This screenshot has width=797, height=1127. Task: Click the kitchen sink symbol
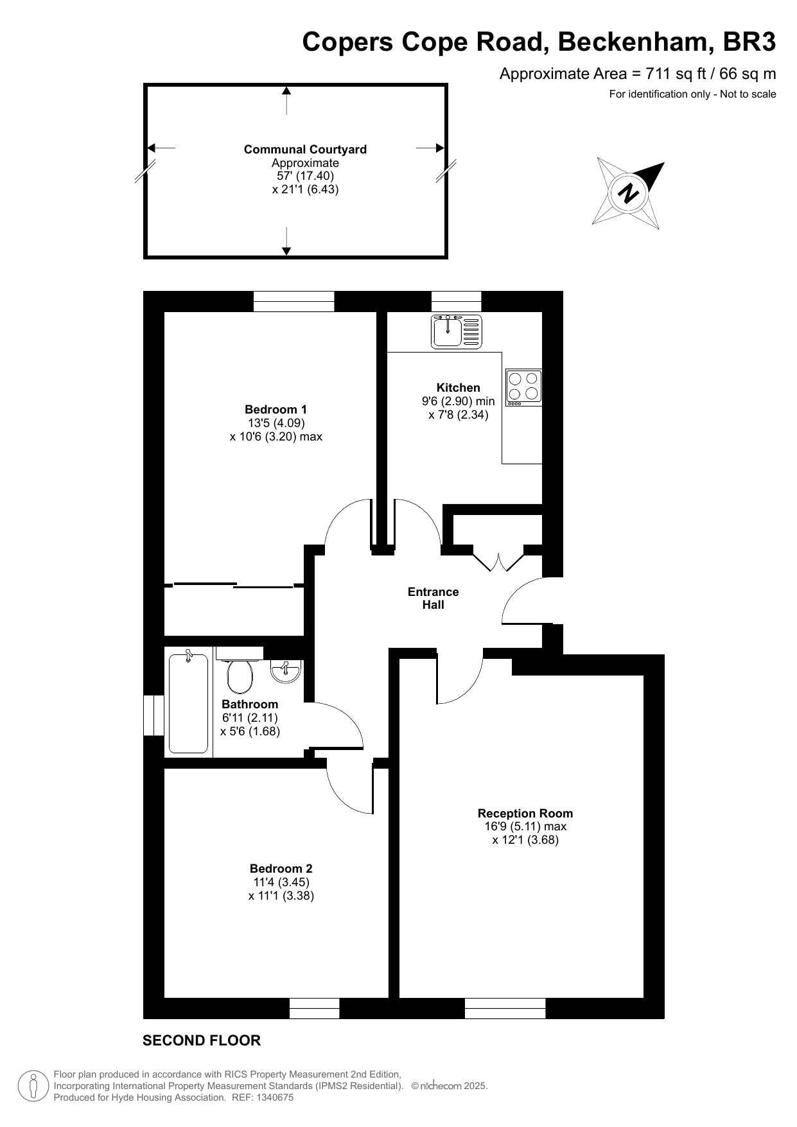tap(457, 331)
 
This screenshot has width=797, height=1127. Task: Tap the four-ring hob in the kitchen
tap(523, 387)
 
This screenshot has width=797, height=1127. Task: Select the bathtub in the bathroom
tap(188, 703)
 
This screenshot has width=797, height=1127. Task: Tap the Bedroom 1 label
tap(276, 409)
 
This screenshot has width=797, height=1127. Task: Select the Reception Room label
tap(525, 813)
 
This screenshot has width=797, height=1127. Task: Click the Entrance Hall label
tap(434, 598)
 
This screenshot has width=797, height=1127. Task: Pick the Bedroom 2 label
tap(281, 869)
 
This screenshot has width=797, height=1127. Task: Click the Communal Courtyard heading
tap(305, 150)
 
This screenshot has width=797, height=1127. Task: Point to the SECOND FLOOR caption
tap(202, 1040)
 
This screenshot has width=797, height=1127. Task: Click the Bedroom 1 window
tap(294, 301)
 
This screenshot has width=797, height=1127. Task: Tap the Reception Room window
tap(505, 1008)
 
